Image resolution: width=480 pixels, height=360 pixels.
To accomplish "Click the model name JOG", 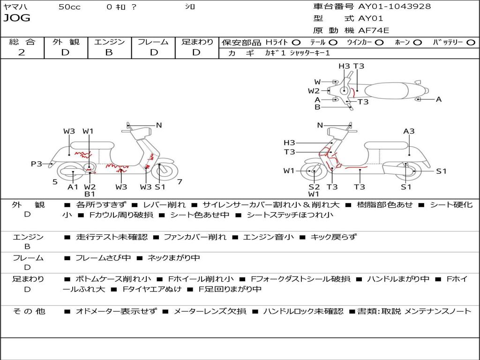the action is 17,18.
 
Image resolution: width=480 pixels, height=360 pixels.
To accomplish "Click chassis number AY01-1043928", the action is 395,6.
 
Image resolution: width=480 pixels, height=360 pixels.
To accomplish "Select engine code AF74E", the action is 374,30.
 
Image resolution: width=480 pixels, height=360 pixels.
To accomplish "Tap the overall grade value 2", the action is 22,52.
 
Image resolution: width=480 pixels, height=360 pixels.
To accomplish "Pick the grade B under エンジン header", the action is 109,52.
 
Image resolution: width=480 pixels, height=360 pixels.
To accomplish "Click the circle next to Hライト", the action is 296,43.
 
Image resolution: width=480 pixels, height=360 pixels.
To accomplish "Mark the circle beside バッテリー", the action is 471,43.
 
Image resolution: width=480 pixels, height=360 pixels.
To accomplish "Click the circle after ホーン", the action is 418,43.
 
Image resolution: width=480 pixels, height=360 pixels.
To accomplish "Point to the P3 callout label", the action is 37,164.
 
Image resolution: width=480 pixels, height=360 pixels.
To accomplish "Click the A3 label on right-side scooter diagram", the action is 409,131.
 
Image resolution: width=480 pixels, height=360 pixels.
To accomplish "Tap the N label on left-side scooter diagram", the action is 158,125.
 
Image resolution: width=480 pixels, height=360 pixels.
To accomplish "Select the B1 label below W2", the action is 90,194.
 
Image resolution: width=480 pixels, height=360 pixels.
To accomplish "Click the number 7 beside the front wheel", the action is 180,182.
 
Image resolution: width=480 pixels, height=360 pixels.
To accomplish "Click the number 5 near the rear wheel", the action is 55,182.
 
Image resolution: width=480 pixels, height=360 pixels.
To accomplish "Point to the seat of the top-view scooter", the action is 386,91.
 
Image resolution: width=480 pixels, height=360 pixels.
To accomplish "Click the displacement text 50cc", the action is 69,7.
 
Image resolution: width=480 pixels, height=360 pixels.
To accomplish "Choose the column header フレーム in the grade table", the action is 153,42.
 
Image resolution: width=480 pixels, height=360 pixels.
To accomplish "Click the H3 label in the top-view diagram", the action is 344,66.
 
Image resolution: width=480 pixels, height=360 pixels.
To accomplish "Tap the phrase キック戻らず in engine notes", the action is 333,237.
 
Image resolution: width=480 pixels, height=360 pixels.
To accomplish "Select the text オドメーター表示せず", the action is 116,311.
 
